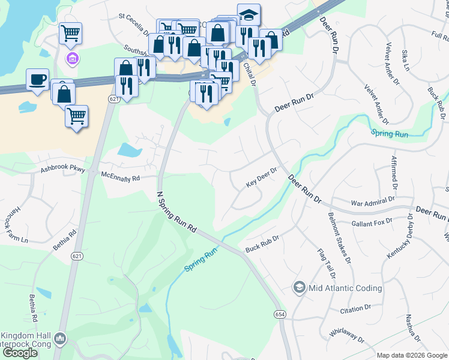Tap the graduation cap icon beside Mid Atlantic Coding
click(299, 288)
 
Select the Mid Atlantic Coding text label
click(345, 288)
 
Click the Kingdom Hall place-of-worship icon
click(59, 340)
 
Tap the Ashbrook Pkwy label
click(63, 170)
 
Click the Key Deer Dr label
click(262, 178)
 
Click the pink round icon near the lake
click(73, 58)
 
